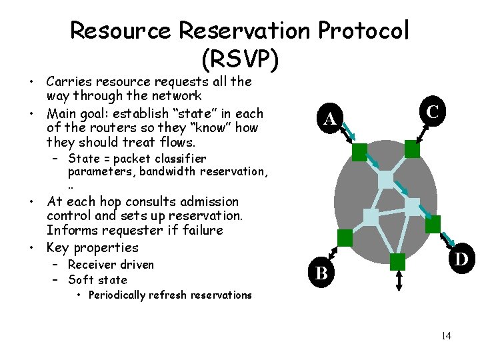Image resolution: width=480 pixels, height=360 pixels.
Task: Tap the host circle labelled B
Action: (321, 271)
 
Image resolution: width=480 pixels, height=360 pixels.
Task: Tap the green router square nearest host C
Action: (413, 149)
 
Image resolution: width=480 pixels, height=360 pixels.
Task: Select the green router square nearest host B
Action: (345, 237)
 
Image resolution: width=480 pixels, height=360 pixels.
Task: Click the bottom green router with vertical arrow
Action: (397, 261)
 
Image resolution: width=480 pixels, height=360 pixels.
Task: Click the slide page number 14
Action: (446, 335)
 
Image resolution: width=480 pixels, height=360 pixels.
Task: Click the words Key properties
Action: (92, 247)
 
